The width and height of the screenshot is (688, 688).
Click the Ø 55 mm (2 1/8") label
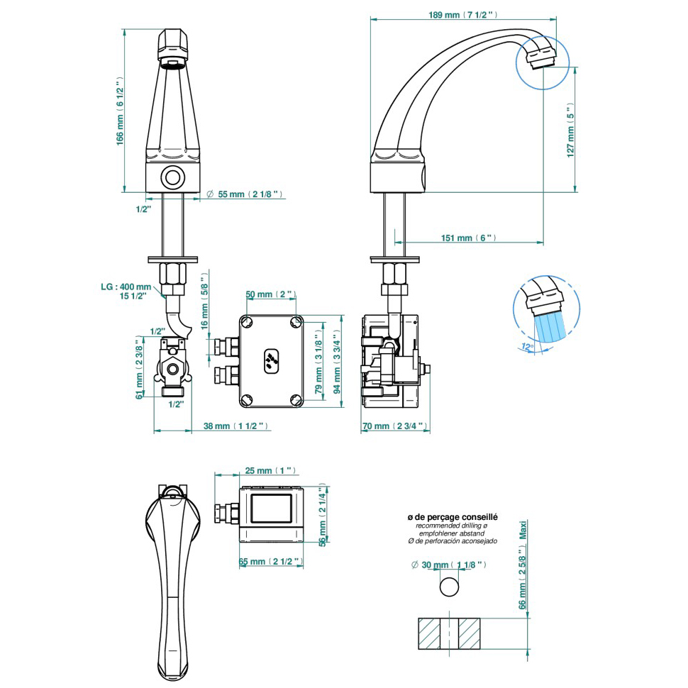point(245,194)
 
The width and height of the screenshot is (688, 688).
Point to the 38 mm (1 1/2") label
point(235,426)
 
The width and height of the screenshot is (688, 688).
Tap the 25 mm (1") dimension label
point(270,470)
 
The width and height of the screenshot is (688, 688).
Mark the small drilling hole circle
point(449,587)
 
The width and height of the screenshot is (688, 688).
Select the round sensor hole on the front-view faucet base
point(172,177)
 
